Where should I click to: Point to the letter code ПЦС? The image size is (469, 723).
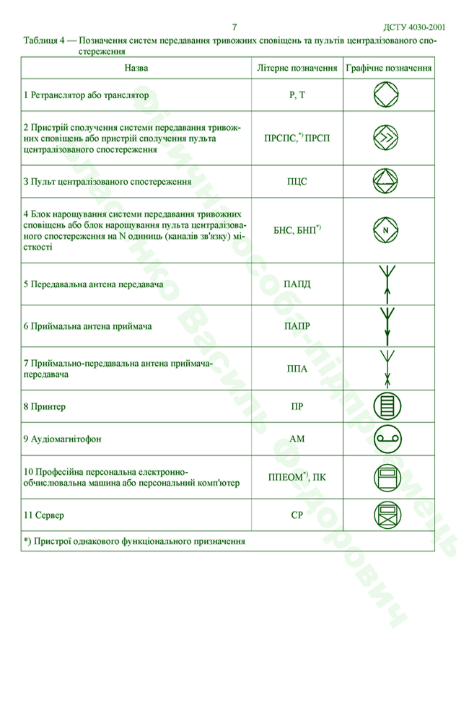coord(297,181)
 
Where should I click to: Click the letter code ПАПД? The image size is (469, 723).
coord(297,284)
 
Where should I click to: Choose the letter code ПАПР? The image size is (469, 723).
coord(297,326)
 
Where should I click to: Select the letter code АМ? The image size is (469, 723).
coord(297,438)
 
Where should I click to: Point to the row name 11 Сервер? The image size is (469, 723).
coord(44,515)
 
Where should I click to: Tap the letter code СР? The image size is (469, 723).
coord(297,515)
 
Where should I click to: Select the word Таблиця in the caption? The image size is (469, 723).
coord(43,41)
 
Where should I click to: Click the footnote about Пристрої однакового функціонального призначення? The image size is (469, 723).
coord(134,540)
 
